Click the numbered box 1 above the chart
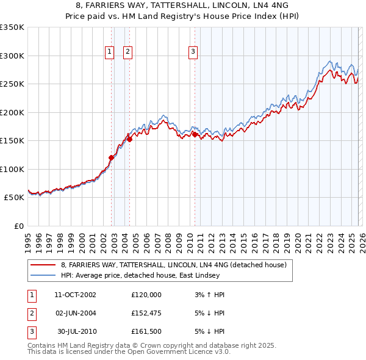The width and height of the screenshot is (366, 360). (110, 52)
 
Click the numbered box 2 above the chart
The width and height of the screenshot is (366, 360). (128, 52)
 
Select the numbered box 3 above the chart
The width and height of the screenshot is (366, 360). (193, 52)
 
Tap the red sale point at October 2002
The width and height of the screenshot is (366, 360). (111, 158)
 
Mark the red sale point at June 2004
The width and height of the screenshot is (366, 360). (129, 140)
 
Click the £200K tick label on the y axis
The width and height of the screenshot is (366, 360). (12, 112)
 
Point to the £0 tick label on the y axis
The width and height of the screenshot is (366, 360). (18, 226)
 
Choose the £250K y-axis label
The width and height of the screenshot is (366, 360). (12, 84)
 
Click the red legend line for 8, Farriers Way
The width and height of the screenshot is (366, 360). (43, 265)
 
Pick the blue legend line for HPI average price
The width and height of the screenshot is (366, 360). (43, 275)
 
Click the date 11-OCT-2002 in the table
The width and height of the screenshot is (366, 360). (75, 294)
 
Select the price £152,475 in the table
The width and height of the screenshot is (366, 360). (146, 313)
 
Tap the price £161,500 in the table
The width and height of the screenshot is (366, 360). (146, 332)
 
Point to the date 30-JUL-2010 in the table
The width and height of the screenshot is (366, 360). (75, 332)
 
